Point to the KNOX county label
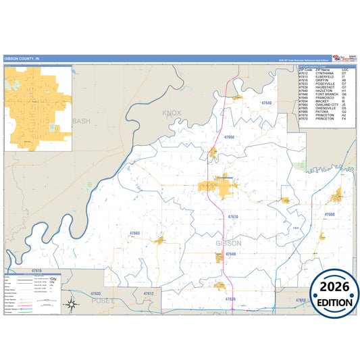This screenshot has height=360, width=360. [172, 113]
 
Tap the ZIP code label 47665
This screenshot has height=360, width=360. [134, 233]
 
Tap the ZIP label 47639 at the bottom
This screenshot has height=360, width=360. [230, 299]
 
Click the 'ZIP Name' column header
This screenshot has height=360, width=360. [323, 70]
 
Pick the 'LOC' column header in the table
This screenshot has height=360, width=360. [345, 70]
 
